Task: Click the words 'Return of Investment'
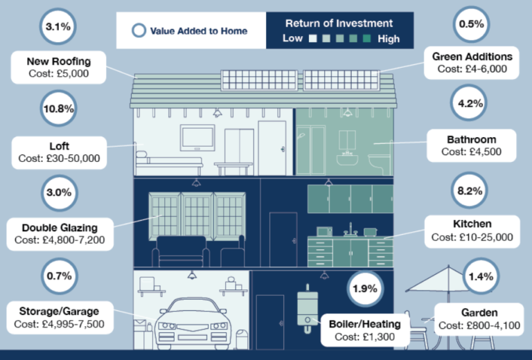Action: coord(339,23)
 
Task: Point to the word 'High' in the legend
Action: coord(389,39)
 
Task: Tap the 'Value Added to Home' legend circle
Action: coord(139,30)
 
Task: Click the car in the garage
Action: coord(193,318)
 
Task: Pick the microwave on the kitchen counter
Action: coord(324,231)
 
